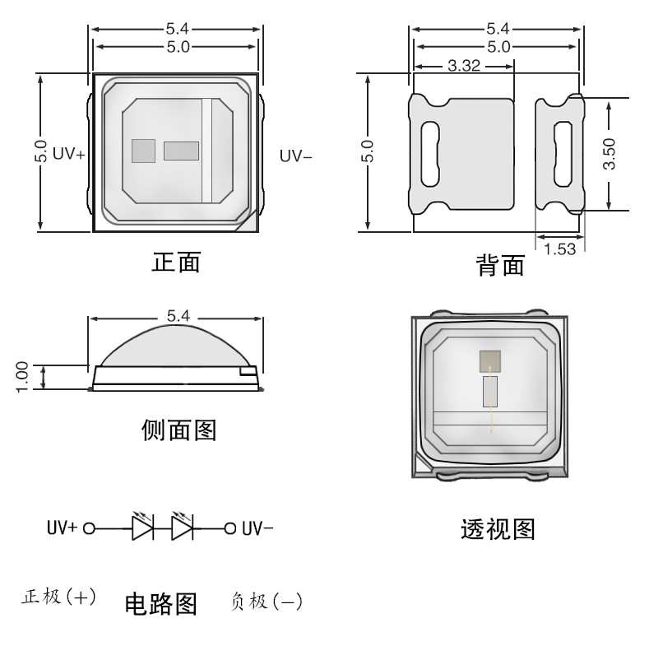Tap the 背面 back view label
pos(500,265)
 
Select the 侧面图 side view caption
pos(178,429)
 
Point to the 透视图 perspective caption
pos(497,529)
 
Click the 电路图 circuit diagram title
pos(160,605)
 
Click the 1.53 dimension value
pos(559,249)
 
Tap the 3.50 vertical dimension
pos(610,154)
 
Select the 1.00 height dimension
pos(22,376)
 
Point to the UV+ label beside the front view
pos(69,154)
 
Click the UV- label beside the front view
pos(295,154)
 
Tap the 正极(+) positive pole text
pos(58,596)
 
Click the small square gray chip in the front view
pos(143,151)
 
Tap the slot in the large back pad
pos(430,154)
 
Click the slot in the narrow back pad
pos(562,154)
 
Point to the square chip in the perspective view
pos(490,360)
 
